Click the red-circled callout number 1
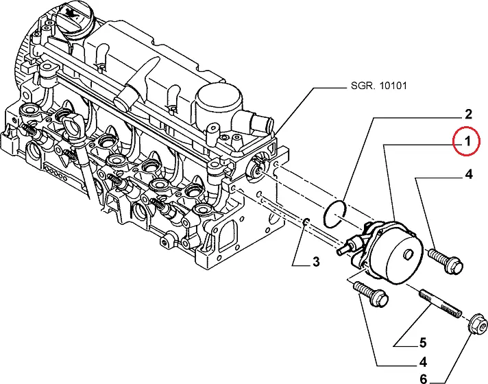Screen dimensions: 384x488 point(467,143)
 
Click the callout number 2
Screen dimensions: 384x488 point(469,114)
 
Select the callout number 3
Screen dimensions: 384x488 point(315,261)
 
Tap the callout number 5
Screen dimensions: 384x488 point(423,344)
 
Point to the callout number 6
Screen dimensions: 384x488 point(422,379)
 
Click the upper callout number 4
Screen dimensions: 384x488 point(469,175)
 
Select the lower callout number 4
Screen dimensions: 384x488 point(423,363)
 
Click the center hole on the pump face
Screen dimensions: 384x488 point(409,254)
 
